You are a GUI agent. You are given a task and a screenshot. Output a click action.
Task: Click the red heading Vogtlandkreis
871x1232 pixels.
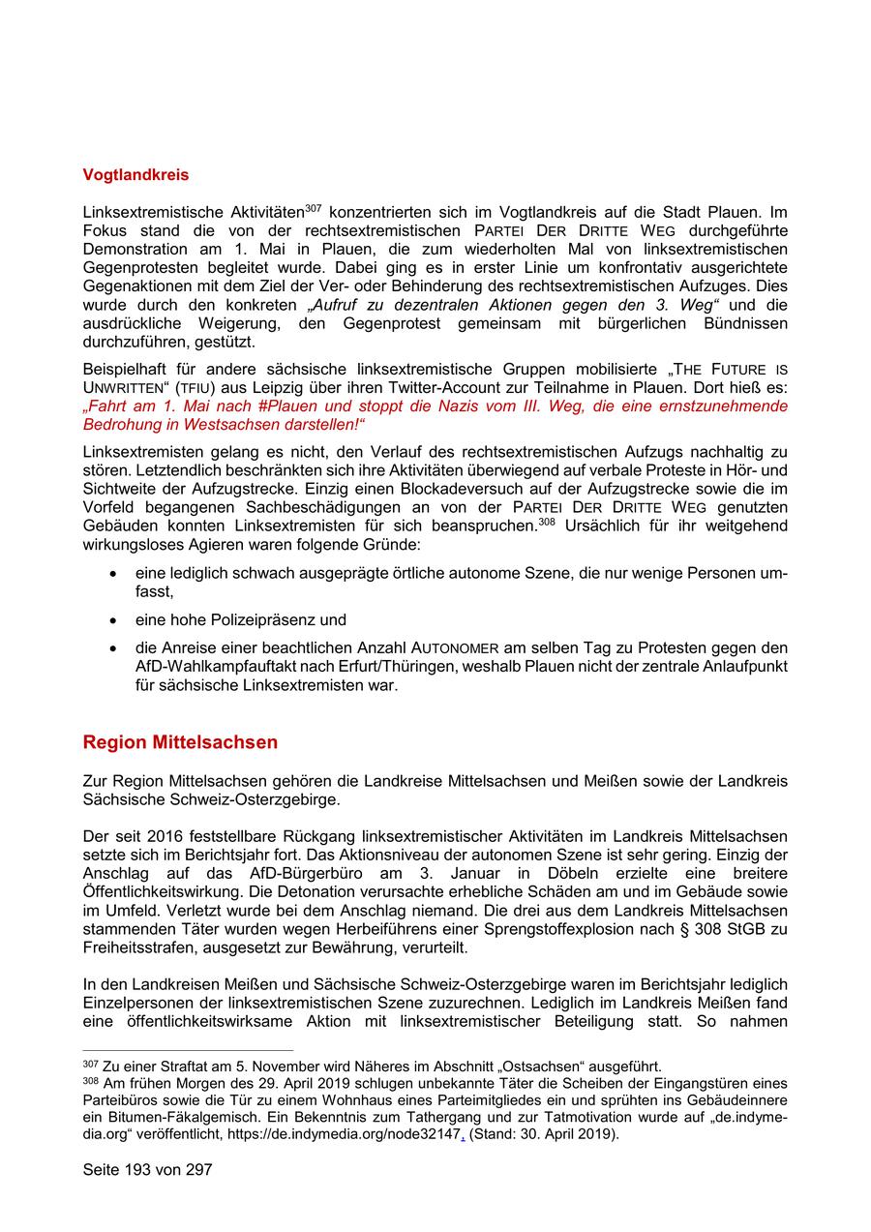point(135,175)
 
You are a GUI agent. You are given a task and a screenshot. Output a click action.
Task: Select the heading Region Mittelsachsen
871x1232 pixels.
point(180,742)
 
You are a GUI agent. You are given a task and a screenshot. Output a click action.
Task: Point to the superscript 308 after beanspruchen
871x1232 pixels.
point(547,521)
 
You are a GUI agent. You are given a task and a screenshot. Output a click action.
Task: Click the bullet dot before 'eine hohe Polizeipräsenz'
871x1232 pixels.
point(113,620)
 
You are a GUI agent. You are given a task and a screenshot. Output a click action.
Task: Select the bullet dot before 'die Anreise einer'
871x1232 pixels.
point(113,648)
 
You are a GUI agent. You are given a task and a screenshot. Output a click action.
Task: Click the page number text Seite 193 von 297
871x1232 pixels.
point(147,1169)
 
